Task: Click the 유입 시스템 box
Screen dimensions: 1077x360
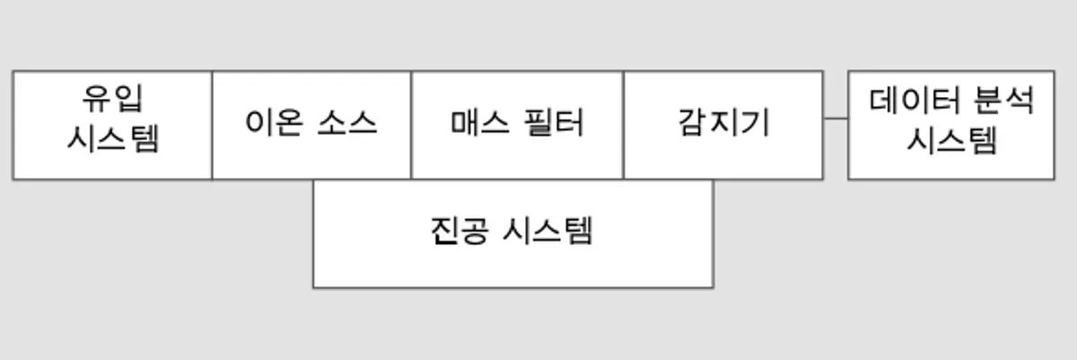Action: [x=112, y=125]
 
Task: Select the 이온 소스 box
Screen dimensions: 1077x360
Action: [x=311, y=125]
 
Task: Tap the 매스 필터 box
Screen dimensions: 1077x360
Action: [x=517, y=125]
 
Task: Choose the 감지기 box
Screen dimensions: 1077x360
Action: [x=723, y=125]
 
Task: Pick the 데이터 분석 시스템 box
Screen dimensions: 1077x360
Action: [x=951, y=125]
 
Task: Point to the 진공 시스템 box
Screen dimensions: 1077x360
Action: [x=513, y=234]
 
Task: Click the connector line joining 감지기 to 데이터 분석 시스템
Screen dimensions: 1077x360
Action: [x=836, y=118]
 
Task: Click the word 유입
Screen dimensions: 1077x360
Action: [x=112, y=99]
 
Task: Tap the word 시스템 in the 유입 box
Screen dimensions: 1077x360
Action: [x=112, y=139]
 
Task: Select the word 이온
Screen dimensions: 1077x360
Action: [x=274, y=122]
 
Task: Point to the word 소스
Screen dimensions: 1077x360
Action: [x=347, y=123]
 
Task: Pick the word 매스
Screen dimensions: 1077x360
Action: [x=479, y=123]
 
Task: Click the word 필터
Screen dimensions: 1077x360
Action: [x=554, y=123]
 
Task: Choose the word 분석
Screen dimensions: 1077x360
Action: [x=1003, y=101]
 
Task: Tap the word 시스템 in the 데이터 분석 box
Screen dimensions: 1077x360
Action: [x=951, y=141]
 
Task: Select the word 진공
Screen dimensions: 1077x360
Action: [x=460, y=232]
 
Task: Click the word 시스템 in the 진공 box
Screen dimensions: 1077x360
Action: [x=547, y=232]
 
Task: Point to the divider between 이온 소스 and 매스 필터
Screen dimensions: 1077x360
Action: [x=412, y=125]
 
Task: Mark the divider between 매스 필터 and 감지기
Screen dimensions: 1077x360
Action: [x=624, y=125]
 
